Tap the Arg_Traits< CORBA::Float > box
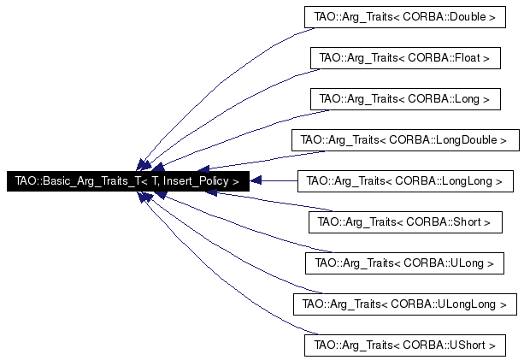point(404,57)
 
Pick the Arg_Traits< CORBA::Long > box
point(404,98)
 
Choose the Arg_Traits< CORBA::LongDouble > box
point(404,139)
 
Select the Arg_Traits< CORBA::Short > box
point(404,221)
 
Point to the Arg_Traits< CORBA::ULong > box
point(404,263)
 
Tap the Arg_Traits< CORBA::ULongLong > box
point(404,304)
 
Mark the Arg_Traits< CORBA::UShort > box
point(404,345)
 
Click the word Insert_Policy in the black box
point(195,181)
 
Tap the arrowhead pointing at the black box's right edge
point(256,181)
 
